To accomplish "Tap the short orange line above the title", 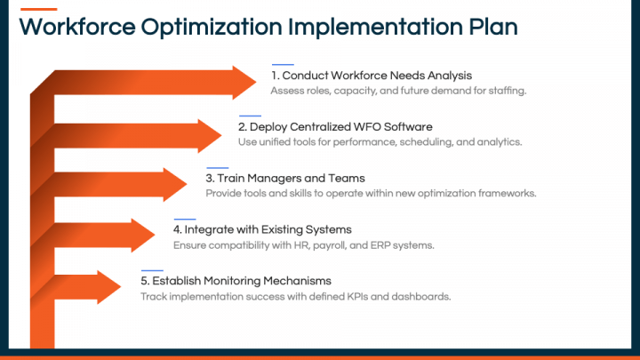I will tap(37, 8).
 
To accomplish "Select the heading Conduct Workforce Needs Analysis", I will tap(372, 76).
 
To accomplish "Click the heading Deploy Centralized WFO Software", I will tap(335, 127).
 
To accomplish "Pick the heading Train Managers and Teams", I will tap(285, 179).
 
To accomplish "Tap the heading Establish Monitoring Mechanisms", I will tap(236, 281).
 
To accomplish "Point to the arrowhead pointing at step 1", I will tap(245, 83).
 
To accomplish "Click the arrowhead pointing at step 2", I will tap(212, 133).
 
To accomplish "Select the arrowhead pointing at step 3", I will tap(178, 184).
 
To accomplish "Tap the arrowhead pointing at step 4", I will tap(146, 236).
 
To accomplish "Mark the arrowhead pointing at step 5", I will tap(112, 286).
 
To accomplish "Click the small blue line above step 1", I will tap(283, 64).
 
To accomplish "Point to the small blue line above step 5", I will tap(152, 270).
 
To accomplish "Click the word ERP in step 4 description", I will tap(373, 245).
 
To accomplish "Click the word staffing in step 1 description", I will tap(508, 91).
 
